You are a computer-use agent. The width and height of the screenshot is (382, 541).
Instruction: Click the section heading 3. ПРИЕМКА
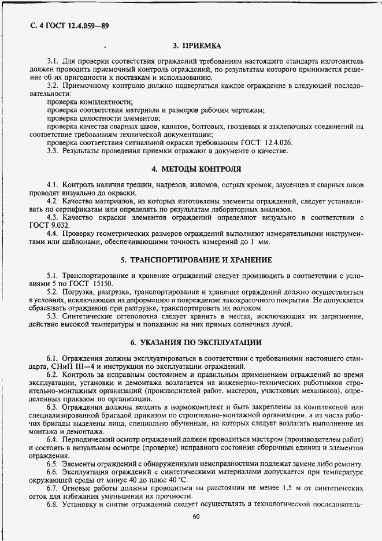(196, 45)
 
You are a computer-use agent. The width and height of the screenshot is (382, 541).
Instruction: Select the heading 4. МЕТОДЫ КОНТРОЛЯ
(196, 169)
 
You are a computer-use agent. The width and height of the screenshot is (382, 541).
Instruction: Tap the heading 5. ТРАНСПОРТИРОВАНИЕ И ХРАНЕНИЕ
(196, 260)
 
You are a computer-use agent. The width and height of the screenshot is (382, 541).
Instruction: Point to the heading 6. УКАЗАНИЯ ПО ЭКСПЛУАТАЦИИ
(196, 342)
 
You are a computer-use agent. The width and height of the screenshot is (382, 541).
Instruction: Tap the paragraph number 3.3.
(53, 151)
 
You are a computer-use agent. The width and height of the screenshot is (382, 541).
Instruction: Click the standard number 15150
(102, 284)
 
